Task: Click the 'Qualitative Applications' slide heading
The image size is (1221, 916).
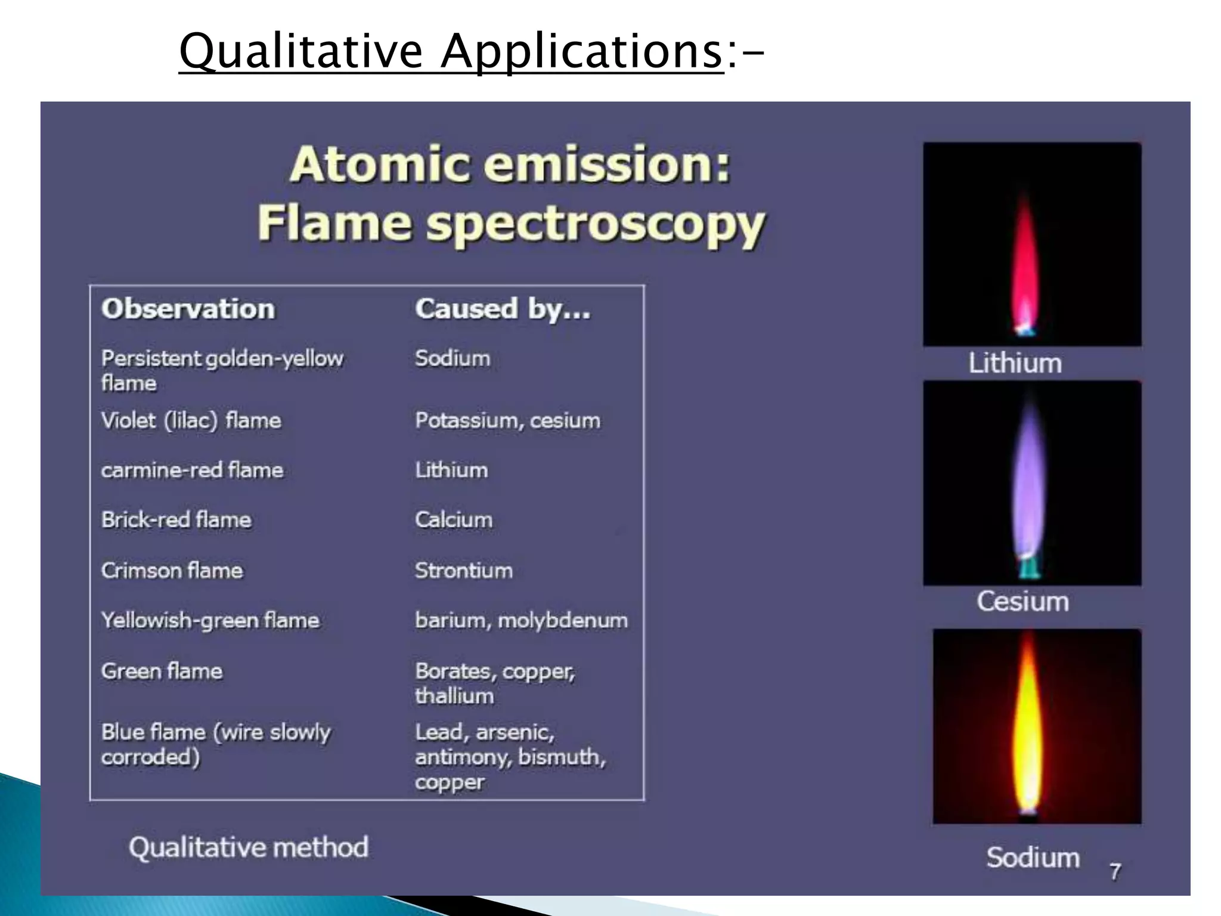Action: tap(451, 52)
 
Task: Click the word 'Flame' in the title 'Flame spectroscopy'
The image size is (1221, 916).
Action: tap(334, 223)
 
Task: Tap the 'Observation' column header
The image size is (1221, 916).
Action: tap(188, 309)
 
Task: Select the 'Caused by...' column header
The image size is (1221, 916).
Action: tap(503, 309)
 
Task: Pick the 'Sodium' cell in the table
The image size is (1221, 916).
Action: tap(453, 358)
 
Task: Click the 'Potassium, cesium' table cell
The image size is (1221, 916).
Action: tap(507, 420)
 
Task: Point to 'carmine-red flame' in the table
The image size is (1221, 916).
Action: tap(192, 470)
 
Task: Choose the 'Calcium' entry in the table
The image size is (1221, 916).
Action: tap(454, 519)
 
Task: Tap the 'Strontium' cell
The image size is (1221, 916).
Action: tap(464, 570)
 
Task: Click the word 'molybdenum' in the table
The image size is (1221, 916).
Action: tap(563, 620)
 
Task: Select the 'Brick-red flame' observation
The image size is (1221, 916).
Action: tap(176, 519)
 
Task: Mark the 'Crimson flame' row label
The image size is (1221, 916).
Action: tap(172, 570)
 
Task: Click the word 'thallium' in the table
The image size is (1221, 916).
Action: tap(454, 695)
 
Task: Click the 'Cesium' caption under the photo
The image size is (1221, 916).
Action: tap(1022, 601)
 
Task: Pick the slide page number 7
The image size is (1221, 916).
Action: tap(1115, 871)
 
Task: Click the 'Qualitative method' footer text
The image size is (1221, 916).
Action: tap(249, 847)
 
